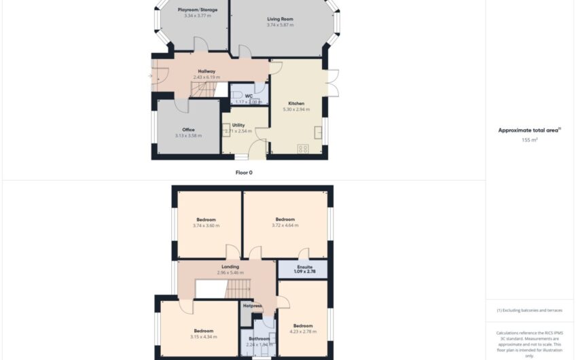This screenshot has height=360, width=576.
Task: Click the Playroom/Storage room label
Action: tap(198, 10)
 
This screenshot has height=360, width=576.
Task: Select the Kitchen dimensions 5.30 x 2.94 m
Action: tap(296, 109)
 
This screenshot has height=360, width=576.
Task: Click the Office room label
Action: tap(188, 130)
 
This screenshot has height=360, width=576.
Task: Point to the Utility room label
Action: tap(238, 125)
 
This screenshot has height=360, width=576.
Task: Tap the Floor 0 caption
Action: tap(243, 173)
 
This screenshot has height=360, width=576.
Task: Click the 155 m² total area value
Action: tap(529, 140)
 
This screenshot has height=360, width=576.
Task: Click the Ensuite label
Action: tap(303, 267)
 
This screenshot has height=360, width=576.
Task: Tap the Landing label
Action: tap(230, 267)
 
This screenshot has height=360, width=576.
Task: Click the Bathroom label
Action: tap(259, 338)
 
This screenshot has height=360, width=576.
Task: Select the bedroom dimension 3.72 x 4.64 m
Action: tap(285, 225)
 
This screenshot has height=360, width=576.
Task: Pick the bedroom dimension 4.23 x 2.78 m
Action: tap(302, 331)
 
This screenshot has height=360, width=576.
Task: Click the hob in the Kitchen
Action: tap(303, 148)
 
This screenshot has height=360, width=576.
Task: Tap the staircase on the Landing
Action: tap(238, 289)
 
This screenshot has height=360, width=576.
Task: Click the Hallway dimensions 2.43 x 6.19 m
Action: tap(206, 77)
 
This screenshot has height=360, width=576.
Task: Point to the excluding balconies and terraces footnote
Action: tap(529, 310)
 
